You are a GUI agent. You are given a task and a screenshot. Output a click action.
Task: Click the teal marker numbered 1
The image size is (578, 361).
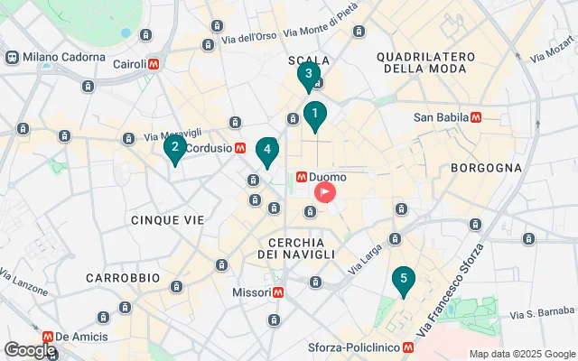pos(314,115)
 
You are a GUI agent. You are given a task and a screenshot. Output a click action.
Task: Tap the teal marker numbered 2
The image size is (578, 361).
pos(174,147)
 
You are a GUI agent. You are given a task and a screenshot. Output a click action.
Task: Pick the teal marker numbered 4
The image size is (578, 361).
pos(266,151)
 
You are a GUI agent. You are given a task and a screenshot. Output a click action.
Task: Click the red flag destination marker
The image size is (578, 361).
pos(324,192)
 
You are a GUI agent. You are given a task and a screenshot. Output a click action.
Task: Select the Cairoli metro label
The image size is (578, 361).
pos(136,64)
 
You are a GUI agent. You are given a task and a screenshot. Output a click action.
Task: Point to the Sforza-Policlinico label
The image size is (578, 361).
pos(358,347)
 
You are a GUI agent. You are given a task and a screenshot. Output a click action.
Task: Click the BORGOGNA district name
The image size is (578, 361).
pos(487,167)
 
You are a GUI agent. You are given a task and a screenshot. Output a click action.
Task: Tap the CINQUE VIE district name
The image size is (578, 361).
pos(167,219)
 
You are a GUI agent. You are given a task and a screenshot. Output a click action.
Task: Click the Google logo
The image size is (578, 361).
pos(29,349)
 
